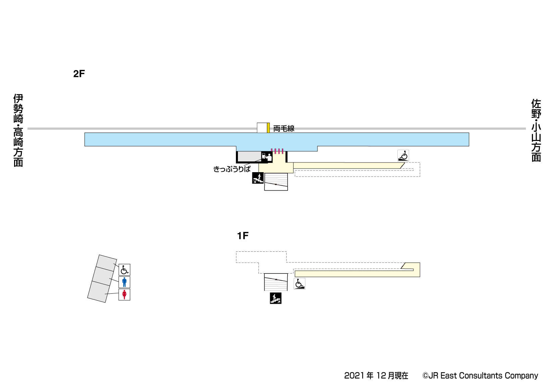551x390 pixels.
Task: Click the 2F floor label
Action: (79, 74)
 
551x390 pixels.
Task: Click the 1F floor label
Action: (243, 236)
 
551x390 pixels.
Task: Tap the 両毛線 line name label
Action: (284, 129)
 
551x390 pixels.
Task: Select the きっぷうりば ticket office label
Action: (232, 169)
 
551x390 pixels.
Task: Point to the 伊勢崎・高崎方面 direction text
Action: (18, 130)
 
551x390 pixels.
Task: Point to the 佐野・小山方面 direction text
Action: (536, 130)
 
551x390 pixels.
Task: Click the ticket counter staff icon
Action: (267, 157)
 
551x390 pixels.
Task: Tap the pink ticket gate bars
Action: (277, 151)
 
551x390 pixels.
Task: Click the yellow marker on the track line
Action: (268, 128)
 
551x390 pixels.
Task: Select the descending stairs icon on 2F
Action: (258, 178)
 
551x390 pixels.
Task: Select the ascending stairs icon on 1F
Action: (275, 298)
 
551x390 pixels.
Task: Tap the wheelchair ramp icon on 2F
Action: (403, 156)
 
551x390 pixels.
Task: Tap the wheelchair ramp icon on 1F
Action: (299, 284)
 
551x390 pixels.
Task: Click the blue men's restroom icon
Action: (124, 282)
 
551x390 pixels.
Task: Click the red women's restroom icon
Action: (124, 294)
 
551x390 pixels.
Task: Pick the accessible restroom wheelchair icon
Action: (124, 270)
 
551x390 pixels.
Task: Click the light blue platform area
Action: (277, 140)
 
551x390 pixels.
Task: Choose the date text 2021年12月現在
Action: (376, 376)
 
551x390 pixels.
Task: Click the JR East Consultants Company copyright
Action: (480, 376)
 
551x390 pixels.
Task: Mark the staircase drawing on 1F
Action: (276, 282)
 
